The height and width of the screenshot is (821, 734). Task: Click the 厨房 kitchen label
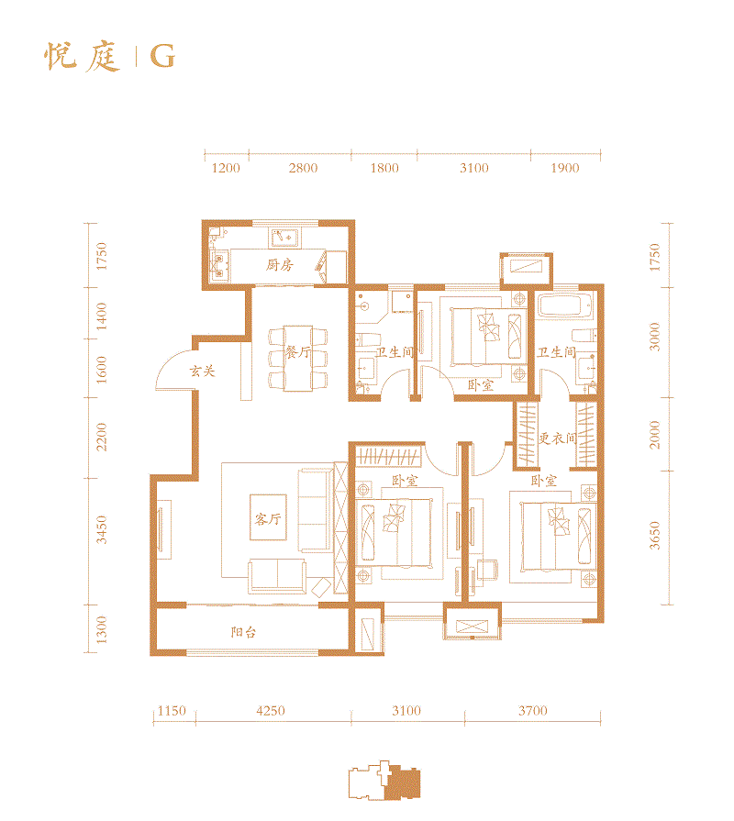click(280, 266)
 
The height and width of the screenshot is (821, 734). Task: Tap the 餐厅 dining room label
click(295, 352)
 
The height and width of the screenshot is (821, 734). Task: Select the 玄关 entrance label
click(202, 372)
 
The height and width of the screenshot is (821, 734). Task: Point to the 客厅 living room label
click(268, 519)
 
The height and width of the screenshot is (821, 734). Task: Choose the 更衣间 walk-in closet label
click(557, 438)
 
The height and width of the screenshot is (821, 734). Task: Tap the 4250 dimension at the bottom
click(271, 711)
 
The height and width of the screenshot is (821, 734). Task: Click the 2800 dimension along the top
click(303, 168)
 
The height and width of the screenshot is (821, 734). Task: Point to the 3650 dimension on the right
click(654, 535)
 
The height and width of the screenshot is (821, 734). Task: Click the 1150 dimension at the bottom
click(172, 711)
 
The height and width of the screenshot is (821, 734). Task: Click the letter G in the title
click(162, 57)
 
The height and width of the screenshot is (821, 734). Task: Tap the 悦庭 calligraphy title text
click(83, 57)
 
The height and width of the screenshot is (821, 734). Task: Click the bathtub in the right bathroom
click(566, 305)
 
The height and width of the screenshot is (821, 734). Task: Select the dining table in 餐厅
click(295, 358)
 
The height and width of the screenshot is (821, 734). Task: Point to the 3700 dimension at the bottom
click(531, 711)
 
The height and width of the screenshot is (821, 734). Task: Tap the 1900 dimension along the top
click(565, 168)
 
